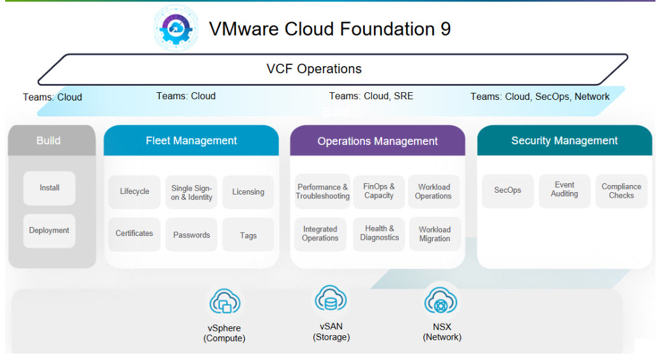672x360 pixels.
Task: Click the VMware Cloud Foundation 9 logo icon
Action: (x=176, y=29)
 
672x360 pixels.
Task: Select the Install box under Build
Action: (x=49, y=188)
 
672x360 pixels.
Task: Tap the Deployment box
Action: (x=49, y=231)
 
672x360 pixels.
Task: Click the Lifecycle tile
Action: (x=134, y=192)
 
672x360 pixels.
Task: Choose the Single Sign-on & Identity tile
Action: (x=191, y=192)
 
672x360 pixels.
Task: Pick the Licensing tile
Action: (x=248, y=192)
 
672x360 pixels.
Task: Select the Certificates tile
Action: (x=134, y=234)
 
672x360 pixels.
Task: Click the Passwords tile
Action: (x=191, y=235)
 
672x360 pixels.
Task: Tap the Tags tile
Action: (x=248, y=235)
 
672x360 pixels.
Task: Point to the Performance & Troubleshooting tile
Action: (x=322, y=191)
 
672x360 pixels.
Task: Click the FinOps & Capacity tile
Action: (x=379, y=191)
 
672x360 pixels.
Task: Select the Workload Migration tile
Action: (x=434, y=234)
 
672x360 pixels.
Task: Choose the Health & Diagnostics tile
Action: (x=379, y=233)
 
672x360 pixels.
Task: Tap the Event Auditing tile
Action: (x=565, y=190)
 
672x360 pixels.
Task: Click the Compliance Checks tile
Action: (x=621, y=191)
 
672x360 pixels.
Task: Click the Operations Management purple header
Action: (x=378, y=141)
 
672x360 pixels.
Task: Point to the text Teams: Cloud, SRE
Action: (x=371, y=96)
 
